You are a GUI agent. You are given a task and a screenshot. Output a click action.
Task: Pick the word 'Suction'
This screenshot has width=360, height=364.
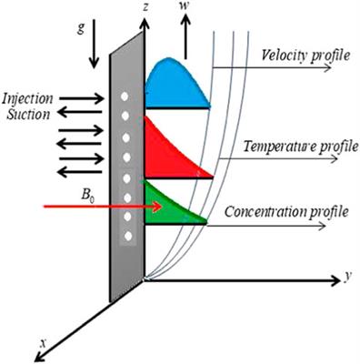[x=28, y=113]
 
